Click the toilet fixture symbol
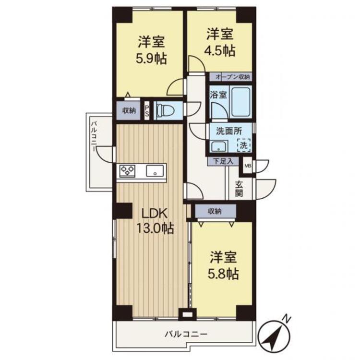click(164, 110)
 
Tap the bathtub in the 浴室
click(240, 102)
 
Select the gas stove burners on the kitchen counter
click(127, 171)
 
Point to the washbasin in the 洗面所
click(219, 146)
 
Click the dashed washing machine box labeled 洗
click(243, 145)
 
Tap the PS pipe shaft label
click(147, 111)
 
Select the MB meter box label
click(247, 166)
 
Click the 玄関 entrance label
click(239, 189)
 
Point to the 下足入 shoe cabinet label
click(223, 161)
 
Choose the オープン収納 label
click(233, 77)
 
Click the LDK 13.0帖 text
click(155, 221)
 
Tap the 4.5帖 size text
click(220, 51)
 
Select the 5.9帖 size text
click(151, 59)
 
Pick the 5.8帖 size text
click(223, 274)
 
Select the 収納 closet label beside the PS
click(129, 111)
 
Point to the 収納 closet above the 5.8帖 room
click(215, 211)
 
